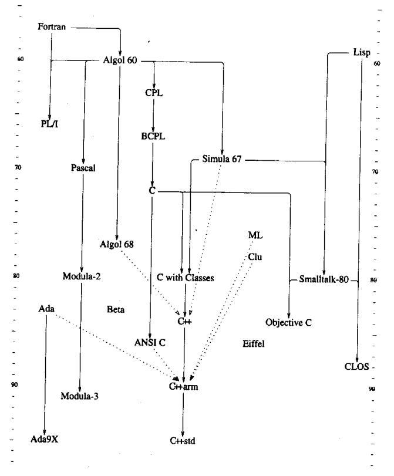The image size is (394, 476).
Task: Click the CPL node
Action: point(153,92)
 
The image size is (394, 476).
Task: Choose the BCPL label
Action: point(153,136)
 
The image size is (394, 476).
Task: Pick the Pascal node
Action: point(82,168)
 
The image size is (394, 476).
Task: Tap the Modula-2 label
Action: point(82,276)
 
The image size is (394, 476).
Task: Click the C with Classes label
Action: point(186,277)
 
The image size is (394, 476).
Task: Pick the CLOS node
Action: point(356,367)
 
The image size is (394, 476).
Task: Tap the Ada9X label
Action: point(45,439)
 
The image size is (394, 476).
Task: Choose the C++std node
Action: point(183,440)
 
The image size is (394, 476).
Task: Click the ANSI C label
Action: point(151,342)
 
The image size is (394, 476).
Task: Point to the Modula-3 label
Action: point(79,396)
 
